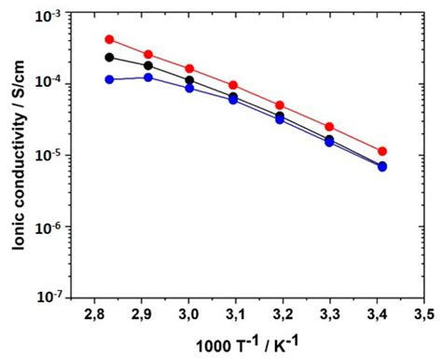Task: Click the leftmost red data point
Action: pos(109,39)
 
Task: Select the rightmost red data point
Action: pos(382,151)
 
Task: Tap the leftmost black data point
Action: pos(109,58)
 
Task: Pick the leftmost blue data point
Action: pos(109,79)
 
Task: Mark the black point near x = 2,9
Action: pos(148,65)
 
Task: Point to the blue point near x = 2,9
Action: pos(148,77)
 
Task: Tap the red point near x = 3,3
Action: pos(329,127)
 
